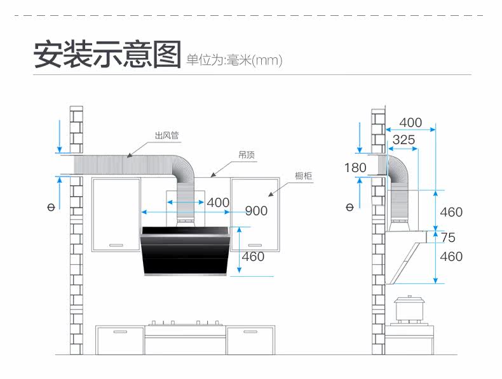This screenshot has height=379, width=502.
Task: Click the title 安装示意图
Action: (x=107, y=54)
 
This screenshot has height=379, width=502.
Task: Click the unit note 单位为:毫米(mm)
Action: (x=234, y=60)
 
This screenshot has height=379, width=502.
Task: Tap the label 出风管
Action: (x=166, y=135)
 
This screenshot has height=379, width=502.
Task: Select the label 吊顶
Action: (x=247, y=155)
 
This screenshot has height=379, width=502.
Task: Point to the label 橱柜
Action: (x=303, y=176)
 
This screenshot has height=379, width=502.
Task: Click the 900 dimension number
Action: (x=256, y=211)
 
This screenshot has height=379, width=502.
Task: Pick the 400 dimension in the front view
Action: (x=218, y=203)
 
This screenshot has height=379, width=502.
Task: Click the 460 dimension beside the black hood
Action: (x=253, y=256)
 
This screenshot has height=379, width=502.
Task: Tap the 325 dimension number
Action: (x=404, y=140)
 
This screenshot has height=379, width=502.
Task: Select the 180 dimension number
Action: (x=355, y=168)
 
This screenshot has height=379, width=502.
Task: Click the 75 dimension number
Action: (x=448, y=237)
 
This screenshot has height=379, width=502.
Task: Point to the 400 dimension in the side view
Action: (x=410, y=123)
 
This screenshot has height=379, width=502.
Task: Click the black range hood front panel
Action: (x=186, y=251)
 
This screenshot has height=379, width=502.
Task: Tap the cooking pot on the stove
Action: (x=410, y=308)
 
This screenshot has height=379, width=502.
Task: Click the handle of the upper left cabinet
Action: (x=116, y=245)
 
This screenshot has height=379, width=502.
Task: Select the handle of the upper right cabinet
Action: (x=255, y=245)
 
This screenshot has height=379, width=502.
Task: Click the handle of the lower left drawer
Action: (x=120, y=331)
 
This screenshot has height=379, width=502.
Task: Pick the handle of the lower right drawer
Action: (x=250, y=331)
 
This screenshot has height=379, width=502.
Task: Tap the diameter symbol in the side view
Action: (x=349, y=208)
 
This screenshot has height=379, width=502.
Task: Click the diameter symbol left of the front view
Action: (x=51, y=208)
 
